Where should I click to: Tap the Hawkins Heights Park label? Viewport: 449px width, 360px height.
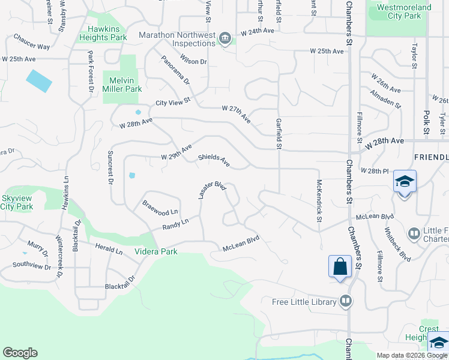point(103,33)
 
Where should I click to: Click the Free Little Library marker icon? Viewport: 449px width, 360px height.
point(345,301)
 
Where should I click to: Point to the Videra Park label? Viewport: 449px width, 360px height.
point(156,251)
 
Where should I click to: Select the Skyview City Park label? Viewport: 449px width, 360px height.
point(16,202)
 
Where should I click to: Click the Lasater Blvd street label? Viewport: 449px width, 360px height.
point(212,191)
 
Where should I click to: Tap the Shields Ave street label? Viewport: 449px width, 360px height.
point(214,161)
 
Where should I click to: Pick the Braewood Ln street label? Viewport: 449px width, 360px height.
point(160,208)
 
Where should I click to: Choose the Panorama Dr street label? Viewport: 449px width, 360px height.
point(175,70)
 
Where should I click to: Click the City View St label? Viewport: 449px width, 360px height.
point(173,102)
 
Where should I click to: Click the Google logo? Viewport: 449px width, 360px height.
point(20,353)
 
